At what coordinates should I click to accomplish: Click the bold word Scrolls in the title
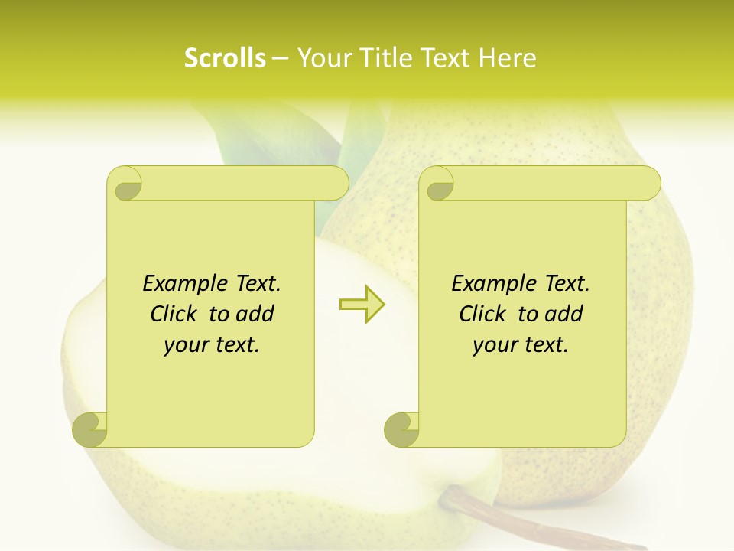point(225,57)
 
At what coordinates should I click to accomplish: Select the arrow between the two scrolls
point(362,304)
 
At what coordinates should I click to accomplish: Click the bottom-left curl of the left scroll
point(90,430)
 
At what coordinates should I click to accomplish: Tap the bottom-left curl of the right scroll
point(401,430)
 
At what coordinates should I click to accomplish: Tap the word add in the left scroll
point(256,314)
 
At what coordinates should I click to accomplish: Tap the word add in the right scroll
point(565,314)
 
